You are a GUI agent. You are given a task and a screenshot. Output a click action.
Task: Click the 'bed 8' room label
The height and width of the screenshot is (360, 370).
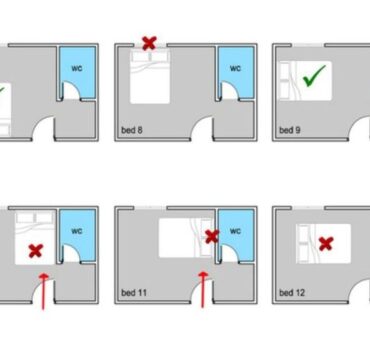132,130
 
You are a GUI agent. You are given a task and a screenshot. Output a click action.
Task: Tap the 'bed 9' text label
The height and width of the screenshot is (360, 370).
290,130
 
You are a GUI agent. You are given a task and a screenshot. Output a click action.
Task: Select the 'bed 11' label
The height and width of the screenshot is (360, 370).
134,293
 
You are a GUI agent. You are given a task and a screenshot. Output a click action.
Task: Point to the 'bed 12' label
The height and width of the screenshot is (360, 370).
292,293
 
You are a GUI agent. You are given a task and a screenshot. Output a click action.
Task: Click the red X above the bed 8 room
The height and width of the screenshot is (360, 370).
149,43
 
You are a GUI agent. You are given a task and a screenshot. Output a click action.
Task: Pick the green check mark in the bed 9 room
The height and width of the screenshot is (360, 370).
314,76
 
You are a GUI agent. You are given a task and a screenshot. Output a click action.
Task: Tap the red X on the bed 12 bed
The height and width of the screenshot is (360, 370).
326,244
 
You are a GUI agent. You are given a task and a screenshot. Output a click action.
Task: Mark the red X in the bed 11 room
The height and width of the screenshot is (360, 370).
212,236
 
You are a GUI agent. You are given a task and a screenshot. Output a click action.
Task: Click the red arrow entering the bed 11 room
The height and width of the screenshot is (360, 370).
203,289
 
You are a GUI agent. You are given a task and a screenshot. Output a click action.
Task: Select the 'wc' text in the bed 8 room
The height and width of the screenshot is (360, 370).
235,68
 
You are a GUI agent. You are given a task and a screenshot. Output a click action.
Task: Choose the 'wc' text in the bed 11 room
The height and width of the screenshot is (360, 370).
235,231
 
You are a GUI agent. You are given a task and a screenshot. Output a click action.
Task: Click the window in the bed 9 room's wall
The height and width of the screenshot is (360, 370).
308,45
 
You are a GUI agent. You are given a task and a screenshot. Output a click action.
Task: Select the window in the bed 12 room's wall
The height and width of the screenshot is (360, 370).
308,208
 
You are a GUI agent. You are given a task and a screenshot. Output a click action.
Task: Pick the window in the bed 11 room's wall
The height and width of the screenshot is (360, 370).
150,208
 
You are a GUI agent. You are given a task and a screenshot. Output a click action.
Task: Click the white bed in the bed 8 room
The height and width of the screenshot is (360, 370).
150,76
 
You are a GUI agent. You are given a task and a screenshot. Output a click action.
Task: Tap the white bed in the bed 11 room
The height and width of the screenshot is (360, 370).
186,238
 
